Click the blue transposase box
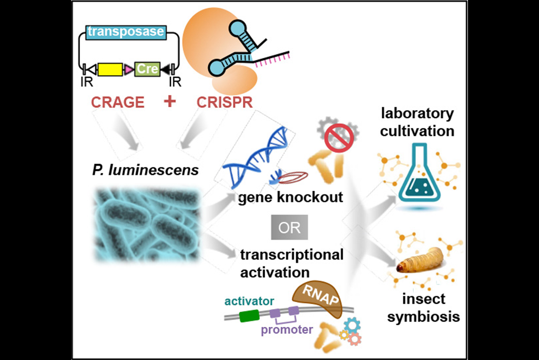(x=125, y=32)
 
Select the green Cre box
(x=147, y=69)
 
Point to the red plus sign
(x=169, y=101)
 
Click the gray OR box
(x=289, y=228)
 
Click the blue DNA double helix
(x=258, y=152)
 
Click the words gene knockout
(x=290, y=198)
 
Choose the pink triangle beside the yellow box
(x=128, y=69)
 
